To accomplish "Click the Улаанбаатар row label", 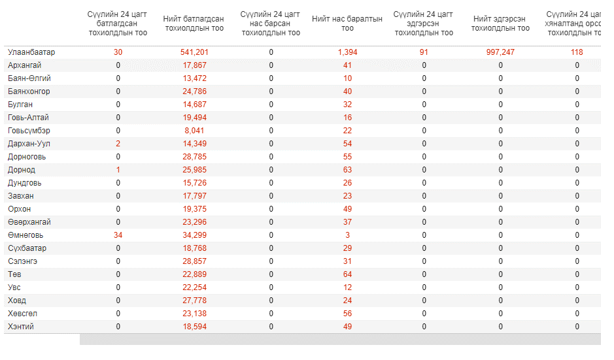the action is (31, 52).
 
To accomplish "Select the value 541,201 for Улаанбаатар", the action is (194, 52).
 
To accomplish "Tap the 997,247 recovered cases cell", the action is (500, 52).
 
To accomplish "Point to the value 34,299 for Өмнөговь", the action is (194, 235).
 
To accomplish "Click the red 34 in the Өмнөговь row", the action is (118, 235).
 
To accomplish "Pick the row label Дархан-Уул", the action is (29, 144).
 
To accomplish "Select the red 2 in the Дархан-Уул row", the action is (118, 144).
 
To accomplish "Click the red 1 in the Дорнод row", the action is (118, 170).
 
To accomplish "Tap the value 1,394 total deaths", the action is (347, 52).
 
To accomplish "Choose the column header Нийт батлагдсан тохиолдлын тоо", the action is (194, 24).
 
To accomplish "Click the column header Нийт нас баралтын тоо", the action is (347, 24).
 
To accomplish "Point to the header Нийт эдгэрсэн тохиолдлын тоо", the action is (500, 24).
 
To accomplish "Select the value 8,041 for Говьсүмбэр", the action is (194, 131).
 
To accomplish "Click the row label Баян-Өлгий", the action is (29, 78).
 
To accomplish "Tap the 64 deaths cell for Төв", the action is (347, 274).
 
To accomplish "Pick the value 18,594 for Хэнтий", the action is (194, 327).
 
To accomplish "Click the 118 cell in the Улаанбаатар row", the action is (577, 52).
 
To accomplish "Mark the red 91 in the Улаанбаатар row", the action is (424, 52).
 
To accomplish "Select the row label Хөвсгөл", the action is (22, 314).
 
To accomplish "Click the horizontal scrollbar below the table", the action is (340, 339).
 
